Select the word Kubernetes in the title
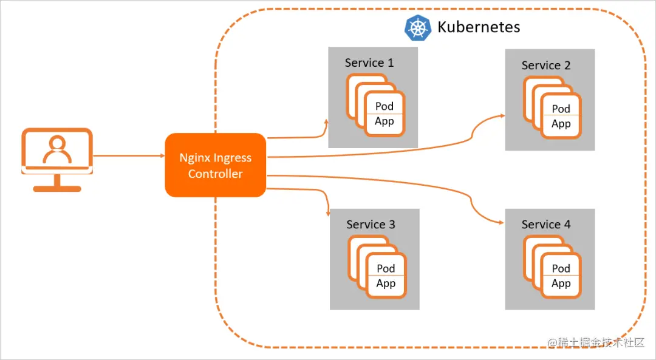[x=479, y=27]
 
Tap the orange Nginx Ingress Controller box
[x=215, y=165]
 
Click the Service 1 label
[x=369, y=63]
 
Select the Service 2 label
[x=546, y=66]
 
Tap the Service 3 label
[x=371, y=225]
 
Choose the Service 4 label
[x=546, y=225]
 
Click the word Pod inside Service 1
[x=384, y=106]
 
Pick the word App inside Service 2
[x=561, y=124]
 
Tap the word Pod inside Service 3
[x=386, y=268]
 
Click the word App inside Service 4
[x=561, y=284]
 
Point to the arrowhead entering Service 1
[x=326, y=123]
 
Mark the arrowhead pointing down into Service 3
[x=329, y=213]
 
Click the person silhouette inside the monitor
[x=56, y=149]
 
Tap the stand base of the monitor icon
[x=57, y=189]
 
